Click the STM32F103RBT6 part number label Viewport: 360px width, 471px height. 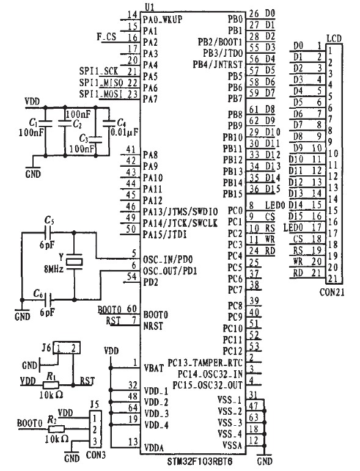pyautogui.click(x=199, y=461)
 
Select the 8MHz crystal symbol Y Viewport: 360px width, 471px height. pyautogui.click(x=74, y=261)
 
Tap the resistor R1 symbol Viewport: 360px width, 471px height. pyautogui.click(x=51, y=385)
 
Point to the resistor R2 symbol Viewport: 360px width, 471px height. pyautogui.click(x=56, y=429)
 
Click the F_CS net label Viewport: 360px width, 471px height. pyautogui.click(x=106, y=37)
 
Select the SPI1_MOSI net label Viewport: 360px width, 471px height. pyautogui.click(x=101, y=94)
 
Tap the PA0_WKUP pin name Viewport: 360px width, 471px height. pyautogui.click(x=163, y=20)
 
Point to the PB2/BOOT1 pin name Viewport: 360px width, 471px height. pyautogui.click(x=220, y=42)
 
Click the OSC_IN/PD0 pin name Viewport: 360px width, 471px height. pyautogui.click(x=167, y=260)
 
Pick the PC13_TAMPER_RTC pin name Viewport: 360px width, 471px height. pyautogui.click(x=205, y=363)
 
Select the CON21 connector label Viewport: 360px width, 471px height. pyautogui.click(x=332, y=292)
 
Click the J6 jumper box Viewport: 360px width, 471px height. pyautogui.click(x=67, y=348)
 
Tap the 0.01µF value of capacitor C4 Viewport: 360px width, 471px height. pyautogui.click(x=125, y=132)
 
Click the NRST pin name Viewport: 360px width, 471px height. pyautogui.click(x=153, y=326)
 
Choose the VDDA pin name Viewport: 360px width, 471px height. pyautogui.click(x=154, y=448)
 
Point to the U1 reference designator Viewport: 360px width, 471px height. pyautogui.click(x=149, y=7)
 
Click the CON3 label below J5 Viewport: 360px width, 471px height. pyautogui.click(x=95, y=455)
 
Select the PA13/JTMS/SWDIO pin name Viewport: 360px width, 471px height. pyautogui.click(x=180, y=211)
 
